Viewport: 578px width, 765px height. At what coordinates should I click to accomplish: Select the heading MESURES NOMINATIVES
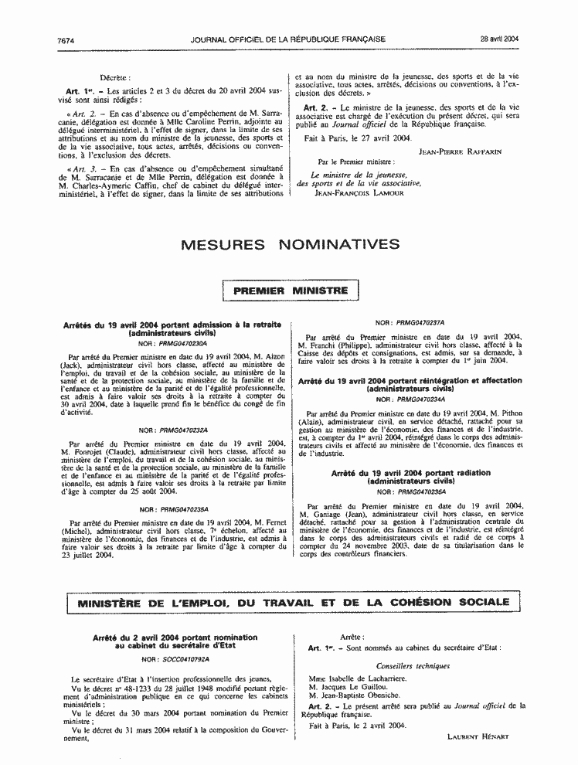[x=289, y=245]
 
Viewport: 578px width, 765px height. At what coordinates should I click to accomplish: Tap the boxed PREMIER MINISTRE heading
[x=290, y=291]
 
